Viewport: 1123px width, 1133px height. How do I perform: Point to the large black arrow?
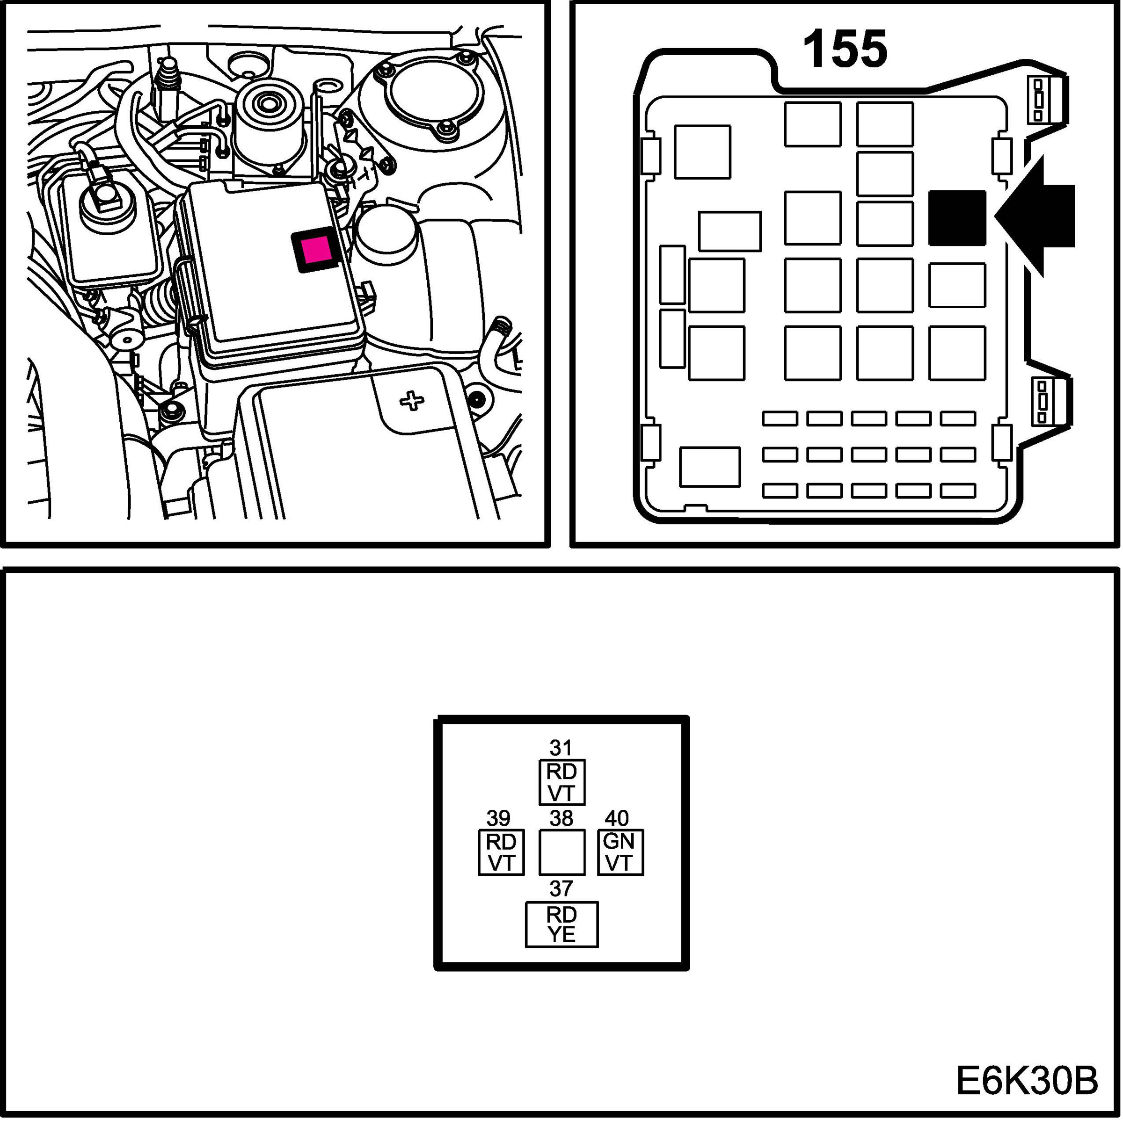coord(1035,216)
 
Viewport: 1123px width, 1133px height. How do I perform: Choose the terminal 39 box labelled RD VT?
coord(501,853)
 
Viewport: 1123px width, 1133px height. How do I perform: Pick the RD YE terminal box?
coord(561,924)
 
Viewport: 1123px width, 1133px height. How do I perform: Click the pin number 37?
coord(561,889)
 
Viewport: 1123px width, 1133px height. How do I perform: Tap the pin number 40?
coord(617,818)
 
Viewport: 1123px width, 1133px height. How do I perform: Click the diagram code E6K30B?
coord(1027,1081)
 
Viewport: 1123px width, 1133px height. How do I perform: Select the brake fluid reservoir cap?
coord(108,202)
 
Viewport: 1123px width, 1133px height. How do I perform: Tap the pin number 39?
coord(498,818)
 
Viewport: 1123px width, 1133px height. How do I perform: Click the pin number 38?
coord(561,818)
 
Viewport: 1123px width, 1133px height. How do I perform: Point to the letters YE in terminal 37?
coord(561,935)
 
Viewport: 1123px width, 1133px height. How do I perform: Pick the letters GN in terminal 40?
coord(619,842)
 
